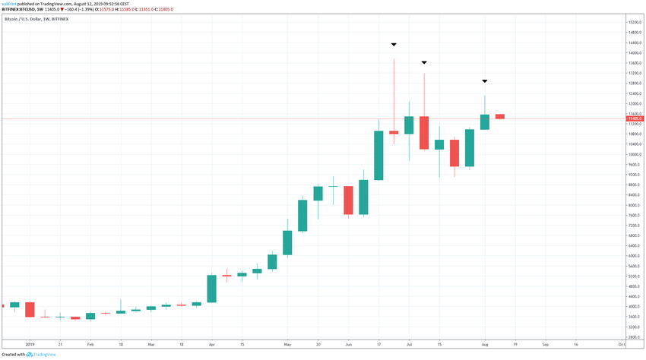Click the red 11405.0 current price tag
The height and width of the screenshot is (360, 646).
[x=635, y=118]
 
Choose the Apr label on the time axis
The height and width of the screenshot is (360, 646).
[x=211, y=344]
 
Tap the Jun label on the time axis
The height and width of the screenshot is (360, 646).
[x=348, y=344]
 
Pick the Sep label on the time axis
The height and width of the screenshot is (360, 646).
[x=545, y=344]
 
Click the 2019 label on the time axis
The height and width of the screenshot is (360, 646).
[x=30, y=344]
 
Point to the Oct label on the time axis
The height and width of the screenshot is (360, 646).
[x=622, y=344]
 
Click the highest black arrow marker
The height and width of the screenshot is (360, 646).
[x=394, y=45]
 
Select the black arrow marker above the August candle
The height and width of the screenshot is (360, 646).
[x=484, y=81]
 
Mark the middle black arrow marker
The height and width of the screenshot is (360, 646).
[x=424, y=62]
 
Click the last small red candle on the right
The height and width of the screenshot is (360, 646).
[x=499, y=116]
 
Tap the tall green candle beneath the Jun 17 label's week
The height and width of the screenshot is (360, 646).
[x=378, y=155]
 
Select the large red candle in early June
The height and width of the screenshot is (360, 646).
[x=348, y=201]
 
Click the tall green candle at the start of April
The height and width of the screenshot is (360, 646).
[x=211, y=289]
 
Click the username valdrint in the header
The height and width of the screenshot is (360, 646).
[x=10, y=3]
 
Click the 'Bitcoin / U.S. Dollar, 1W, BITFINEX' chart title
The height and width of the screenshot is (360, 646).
[x=36, y=18]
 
